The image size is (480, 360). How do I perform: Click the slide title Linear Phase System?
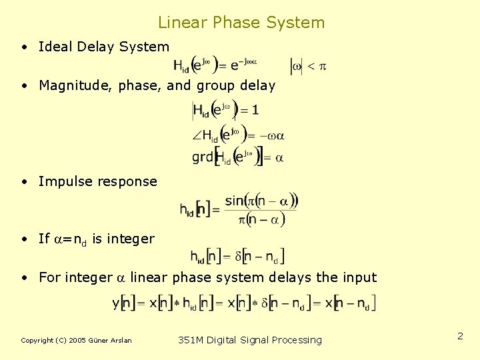click(x=241, y=23)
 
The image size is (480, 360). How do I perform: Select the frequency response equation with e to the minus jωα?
click(x=215, y=65)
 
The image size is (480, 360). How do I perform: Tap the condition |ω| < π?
click(x=307, y=65)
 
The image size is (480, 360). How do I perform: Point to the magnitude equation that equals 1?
click(x=225, y=110)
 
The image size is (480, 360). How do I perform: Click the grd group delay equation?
click(x=237, y=157)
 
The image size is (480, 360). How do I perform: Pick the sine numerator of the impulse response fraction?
click(x=261, y=200)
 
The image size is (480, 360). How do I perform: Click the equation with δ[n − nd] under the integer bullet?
click(x=237, y=255)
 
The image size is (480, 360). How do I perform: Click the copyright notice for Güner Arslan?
click(x=76, y=341)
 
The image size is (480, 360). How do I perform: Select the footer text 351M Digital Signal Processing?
click(x=250, y=340)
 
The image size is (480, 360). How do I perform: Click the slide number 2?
click(x=460, y=337)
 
